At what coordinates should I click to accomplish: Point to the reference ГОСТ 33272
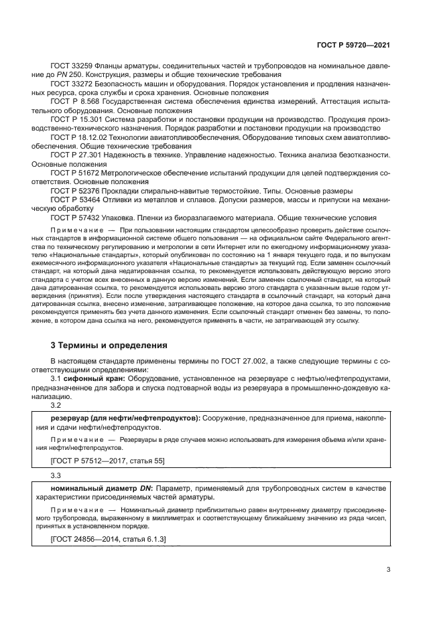(x=72, y=83)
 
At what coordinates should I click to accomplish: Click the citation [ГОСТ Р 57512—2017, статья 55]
(x=107, y=460)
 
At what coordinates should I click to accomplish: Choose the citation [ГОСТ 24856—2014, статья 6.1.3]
(x=109, y=539)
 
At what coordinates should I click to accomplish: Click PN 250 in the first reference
(x=80, y=74)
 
